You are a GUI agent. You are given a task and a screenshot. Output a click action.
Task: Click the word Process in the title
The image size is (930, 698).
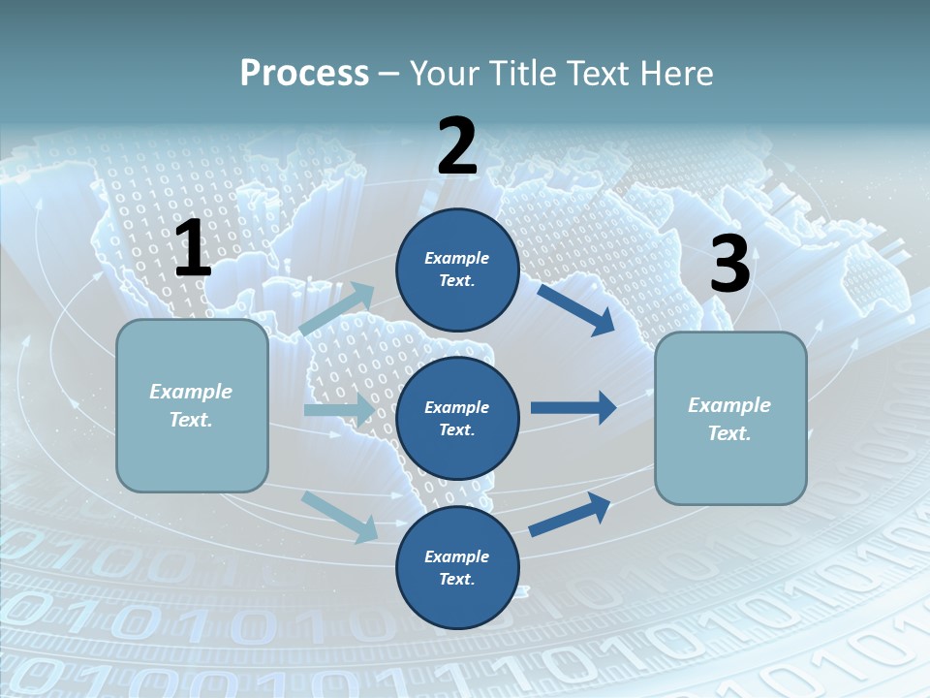[x=304, y=74]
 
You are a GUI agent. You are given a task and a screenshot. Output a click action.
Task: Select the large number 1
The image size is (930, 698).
[x=193, y=250]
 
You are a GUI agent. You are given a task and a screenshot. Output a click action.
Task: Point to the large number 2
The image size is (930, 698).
[x=457, y=146]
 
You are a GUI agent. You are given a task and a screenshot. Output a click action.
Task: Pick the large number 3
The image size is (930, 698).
[x=729, y=265]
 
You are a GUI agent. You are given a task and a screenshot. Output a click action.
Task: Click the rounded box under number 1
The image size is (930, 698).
[x=192, y=405]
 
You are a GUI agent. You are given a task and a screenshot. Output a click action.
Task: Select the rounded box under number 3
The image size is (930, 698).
[x=730, y=419]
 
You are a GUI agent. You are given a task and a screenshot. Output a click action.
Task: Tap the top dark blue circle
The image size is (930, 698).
[x=457, y=270]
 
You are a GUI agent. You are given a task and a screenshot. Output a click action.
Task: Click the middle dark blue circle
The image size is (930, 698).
[x=457, y=419]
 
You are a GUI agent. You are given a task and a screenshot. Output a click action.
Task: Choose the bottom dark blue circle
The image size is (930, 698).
[x=457, y=568]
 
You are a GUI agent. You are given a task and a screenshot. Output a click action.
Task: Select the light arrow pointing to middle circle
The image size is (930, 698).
[x=338, y=410]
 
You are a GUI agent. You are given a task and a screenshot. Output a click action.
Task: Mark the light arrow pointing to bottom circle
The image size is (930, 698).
[x=340, y=517]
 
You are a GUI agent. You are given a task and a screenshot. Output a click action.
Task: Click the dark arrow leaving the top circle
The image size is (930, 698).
[x=575, y=309]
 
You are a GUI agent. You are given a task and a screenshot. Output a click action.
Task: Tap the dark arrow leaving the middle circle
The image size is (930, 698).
[x=573, y=407]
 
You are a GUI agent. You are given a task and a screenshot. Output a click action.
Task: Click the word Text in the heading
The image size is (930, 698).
[x=595, y=74]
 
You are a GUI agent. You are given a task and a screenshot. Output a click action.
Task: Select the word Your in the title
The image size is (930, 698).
[x=440, y=74]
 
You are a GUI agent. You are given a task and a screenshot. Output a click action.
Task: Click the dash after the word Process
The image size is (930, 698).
[x=389, y=74]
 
